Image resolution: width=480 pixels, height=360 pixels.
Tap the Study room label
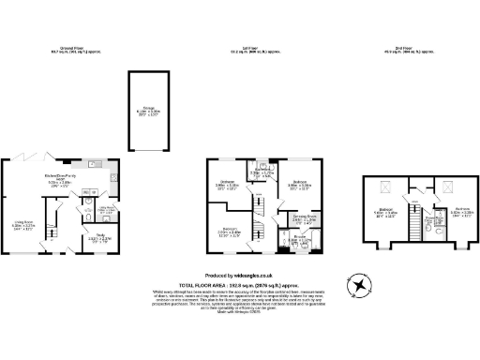tap(99, 238)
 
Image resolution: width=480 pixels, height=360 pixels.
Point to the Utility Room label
tap(108, 209)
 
